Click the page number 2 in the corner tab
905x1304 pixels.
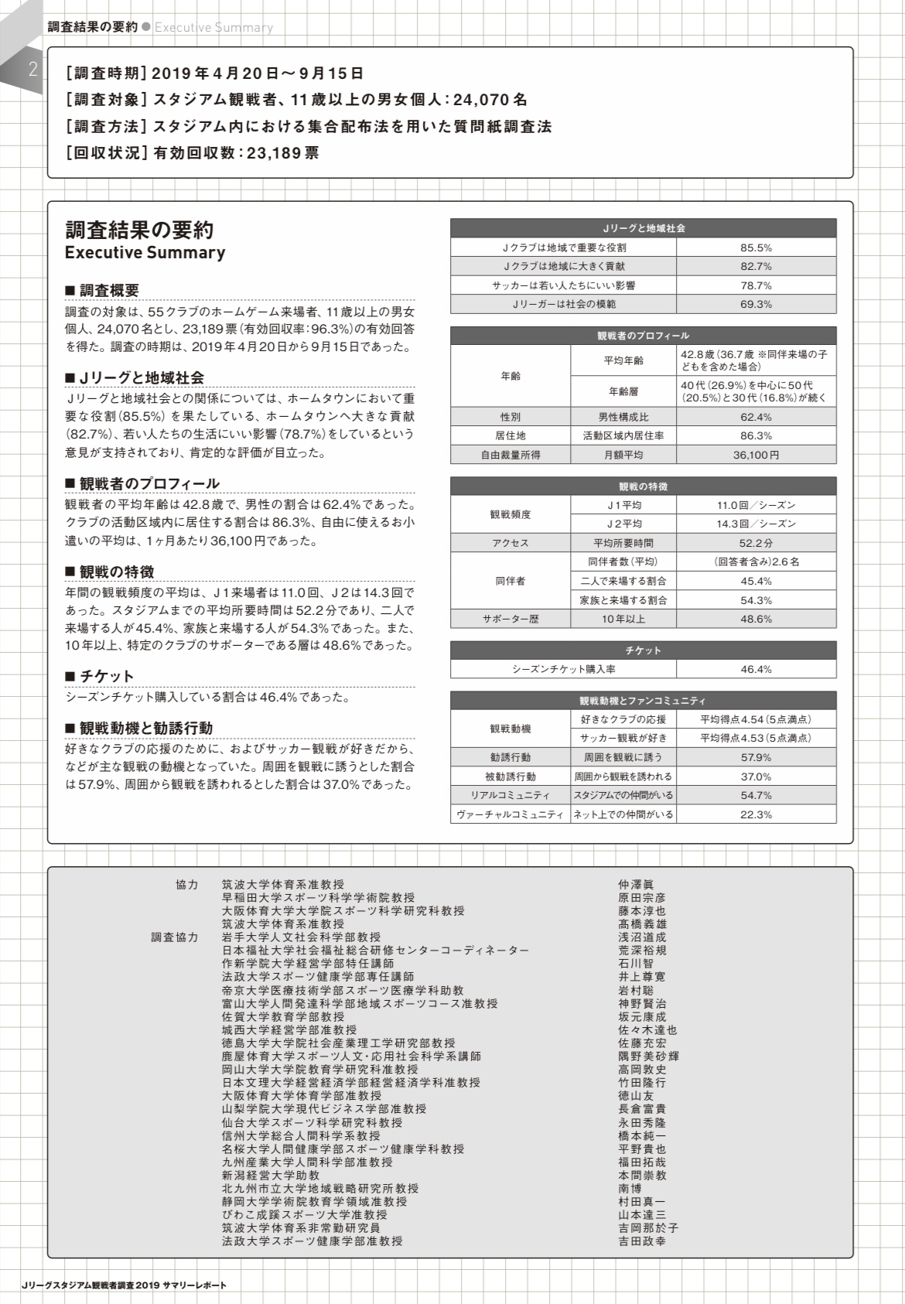32,70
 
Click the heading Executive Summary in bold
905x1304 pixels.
145,253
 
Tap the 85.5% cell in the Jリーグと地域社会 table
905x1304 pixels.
756,247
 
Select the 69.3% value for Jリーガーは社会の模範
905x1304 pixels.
756,304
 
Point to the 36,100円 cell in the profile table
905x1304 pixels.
756,455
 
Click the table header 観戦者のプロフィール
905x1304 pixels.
643,336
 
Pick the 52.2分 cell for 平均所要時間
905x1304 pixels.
756,543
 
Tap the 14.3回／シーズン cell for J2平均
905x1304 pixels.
756,524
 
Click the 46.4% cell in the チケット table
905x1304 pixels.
756,669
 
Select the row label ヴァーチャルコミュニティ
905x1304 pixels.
511,814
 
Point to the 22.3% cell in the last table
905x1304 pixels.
756,814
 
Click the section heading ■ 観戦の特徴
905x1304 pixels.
110,572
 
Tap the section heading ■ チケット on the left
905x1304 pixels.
100,676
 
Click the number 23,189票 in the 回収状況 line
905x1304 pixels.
283,152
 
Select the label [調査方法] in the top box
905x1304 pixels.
106,126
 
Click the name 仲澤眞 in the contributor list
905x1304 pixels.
636,885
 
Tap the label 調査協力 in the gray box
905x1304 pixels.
175,937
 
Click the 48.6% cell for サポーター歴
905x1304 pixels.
756,619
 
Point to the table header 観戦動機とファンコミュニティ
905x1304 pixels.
643,701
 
